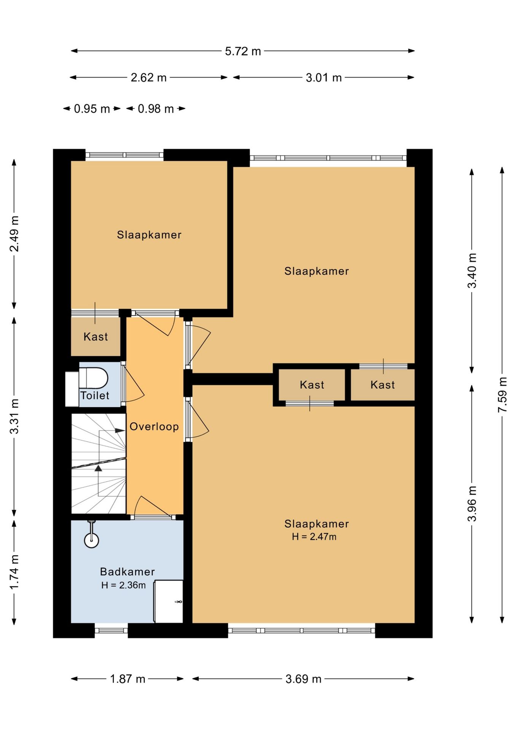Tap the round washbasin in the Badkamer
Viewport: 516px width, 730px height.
pyautogui.click(x=91, y=540)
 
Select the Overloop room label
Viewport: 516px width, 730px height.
pyautogui.click(x=154, y=427)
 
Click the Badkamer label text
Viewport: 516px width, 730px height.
pyautogui.click(x=127, y=572)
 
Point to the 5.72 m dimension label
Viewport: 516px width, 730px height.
pyautogui.click(x=243, y=51)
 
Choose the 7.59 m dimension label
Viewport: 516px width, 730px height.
pyautogui.click(x=502, y=395)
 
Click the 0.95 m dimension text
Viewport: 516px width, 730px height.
pyautogui.click(x=92, y=109)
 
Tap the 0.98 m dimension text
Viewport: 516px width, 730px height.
pyautogui.click(x=156, y=109)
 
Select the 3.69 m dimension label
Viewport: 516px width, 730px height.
pyautogui.click(x=304, y=679)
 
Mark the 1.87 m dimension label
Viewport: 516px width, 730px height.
pyautogui.click(x=128, y=679)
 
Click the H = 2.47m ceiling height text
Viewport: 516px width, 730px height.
pyautogui.click(x=314, y=536)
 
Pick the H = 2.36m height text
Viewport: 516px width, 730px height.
pyautogui.click(x=123, y=585)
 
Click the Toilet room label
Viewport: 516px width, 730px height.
pyautogui.click(x=95, y=395)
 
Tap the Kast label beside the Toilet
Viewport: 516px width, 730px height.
pyautogui.click(x=96, y=336)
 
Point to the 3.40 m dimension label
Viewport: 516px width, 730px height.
pyautogui.click(x=472, y=271)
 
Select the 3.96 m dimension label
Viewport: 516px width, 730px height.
pyautogui.click(x=472, y=504)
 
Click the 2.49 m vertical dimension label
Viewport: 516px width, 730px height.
pyautogui.click(x=14, y=234)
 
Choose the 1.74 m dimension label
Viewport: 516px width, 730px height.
pyautogui.click(x=14, y=572)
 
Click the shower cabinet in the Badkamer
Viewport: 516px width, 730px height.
pyautogui.click(x=168, y=601)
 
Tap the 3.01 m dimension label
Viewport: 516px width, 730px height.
pyautogui.click(x=324, y=78)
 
